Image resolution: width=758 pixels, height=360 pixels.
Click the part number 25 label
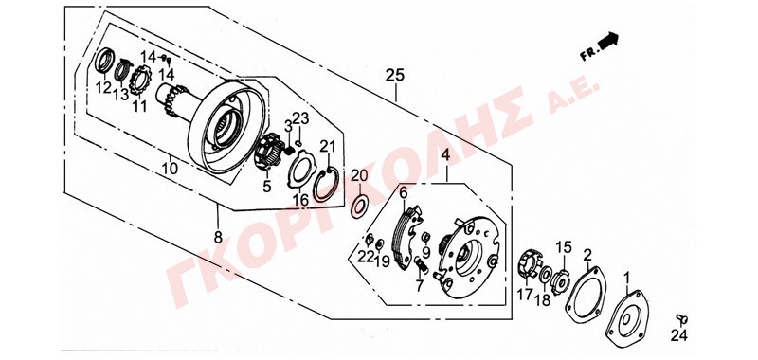pyautogui.click(x=395, y=76)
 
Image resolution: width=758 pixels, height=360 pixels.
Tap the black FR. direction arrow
pyautogui.click(x=608, y=41)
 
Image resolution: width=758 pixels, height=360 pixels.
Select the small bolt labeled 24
pyautogui.click(x=681, y=319)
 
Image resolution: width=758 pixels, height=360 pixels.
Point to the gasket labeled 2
pyautogui.click(x=586, y=295)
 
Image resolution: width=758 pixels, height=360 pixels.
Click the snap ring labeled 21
pyautogui.click(x=323, y=186)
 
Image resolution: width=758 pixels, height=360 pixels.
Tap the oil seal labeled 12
pyautogui.click(x=103, y=62)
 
